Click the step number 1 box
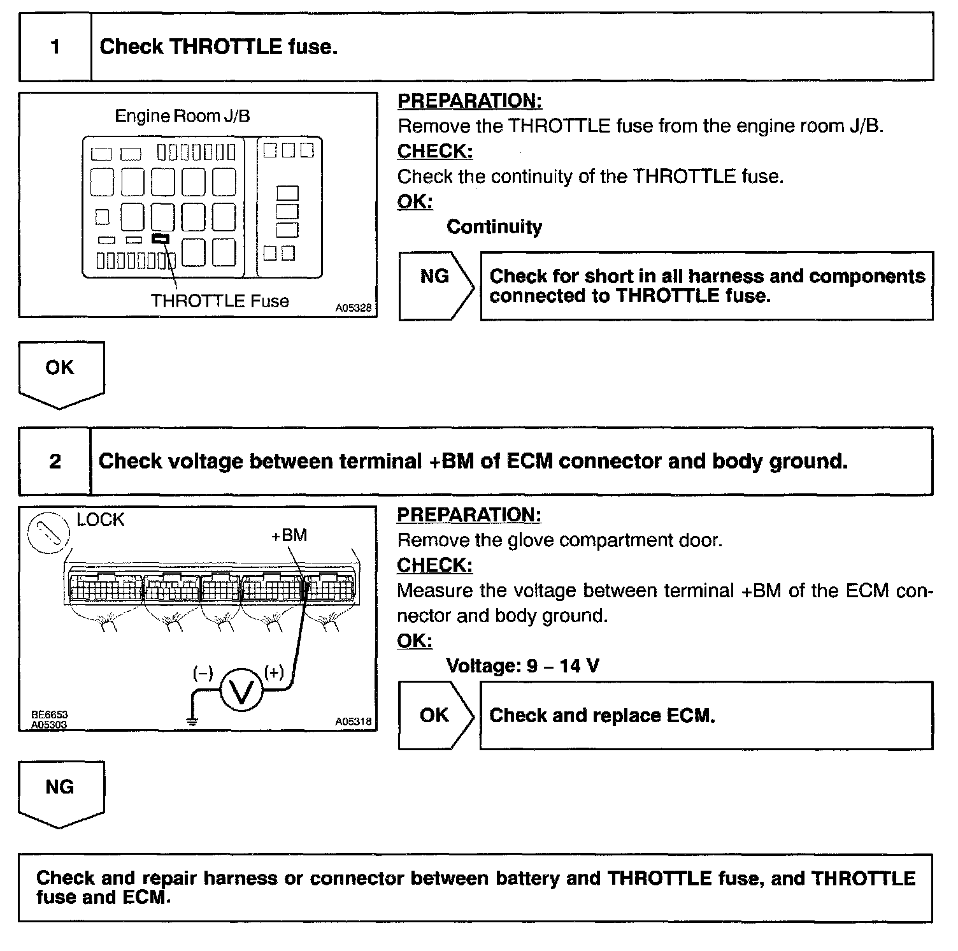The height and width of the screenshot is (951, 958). point(55,47)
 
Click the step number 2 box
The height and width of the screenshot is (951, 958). point(55,461)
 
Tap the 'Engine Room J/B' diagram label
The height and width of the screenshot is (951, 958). point(182,116)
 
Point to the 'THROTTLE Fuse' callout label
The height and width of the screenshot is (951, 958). point(220,301)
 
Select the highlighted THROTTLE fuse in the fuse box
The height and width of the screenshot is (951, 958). point(161,239)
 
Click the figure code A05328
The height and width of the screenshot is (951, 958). point(354,308)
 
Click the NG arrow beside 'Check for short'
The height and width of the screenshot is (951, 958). point(436,285)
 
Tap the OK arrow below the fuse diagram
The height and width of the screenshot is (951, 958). point(61,374)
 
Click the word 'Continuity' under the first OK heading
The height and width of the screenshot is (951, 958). point(494,227)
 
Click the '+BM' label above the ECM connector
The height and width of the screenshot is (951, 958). point(289,535)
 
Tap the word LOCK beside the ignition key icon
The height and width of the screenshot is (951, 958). point(100,520)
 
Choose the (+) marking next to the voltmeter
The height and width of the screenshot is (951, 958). point(275,672)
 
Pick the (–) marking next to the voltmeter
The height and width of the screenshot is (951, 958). point(203,673)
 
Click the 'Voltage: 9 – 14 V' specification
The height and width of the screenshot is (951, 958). point(522,666)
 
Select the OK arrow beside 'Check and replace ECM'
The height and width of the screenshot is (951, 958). point(436,715)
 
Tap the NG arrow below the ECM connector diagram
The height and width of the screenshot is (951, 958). point(61,793)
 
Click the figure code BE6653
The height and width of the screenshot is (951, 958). point(50,715)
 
